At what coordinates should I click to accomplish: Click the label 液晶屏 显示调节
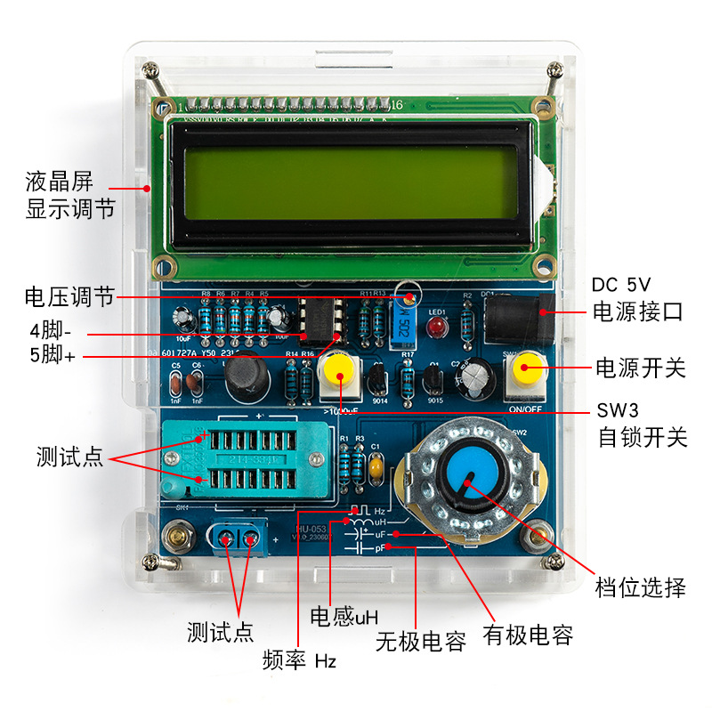point(70,198)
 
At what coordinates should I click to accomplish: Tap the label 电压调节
point(69,297)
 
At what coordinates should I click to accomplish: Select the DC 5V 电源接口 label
point(637,298)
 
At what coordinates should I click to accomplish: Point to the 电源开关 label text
point(640,366)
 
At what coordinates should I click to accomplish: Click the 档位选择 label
point(640,587)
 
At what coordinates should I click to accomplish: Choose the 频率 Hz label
point(299,660)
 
